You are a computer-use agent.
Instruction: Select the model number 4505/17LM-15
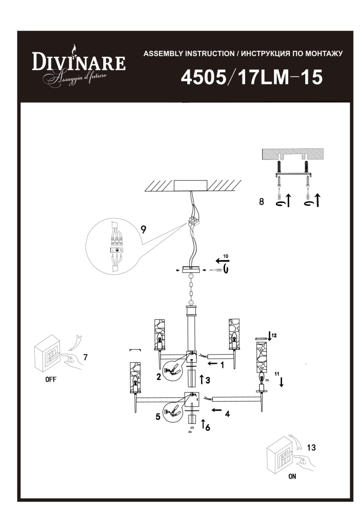click(252, 77)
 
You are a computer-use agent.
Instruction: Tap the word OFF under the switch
click(51, 380)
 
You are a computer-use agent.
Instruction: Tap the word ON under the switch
click(292, 476)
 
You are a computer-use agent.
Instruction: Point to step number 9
click(143, 230)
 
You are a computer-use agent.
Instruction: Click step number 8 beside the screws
click(262, 201)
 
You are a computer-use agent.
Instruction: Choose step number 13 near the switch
click(311, 447)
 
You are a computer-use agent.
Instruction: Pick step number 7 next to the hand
click(85, 358)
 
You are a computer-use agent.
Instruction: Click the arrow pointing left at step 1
click(212, 364)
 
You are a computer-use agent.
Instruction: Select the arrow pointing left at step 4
click(217, 410)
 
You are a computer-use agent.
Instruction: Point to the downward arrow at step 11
click(281, 382)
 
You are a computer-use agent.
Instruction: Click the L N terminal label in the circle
click(117, 250)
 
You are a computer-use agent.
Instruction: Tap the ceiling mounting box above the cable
click(191, 186)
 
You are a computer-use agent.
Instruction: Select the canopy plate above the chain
click(191, 270)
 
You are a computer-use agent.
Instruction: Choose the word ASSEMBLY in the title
click(163, 54)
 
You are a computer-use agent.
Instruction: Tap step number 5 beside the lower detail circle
click(158, 416)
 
